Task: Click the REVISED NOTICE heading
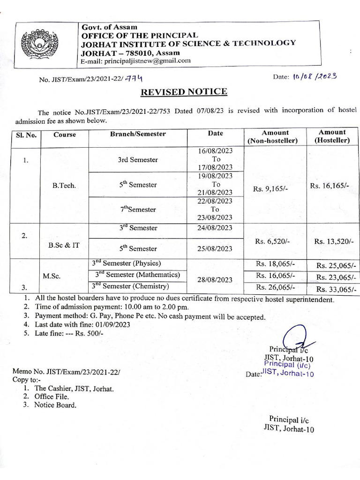pos(184,91)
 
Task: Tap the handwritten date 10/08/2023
pos(314,77)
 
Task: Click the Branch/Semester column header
pos(138,134)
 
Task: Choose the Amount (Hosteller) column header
pos(332,136)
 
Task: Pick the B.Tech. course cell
pos(64,185)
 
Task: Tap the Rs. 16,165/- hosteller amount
pos(332,186)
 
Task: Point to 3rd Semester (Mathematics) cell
pos(135,275)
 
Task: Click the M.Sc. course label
pos(52,276)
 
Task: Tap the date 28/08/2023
pos(215,279)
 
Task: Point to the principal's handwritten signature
pos(296,339)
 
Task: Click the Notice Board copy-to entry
pos(55,405)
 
